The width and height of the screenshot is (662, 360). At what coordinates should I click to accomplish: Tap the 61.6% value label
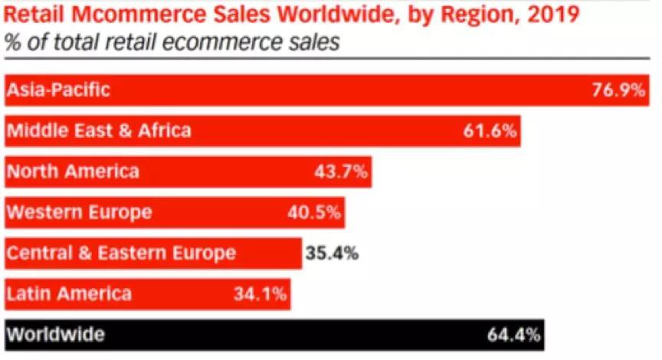[x=491, y=131]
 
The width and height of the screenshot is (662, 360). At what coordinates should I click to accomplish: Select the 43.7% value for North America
[x=342, y=172]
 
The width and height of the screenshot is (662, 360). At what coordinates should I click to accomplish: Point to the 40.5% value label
[x=314, y=212]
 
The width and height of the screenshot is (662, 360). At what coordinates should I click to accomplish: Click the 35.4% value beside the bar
[x=332, y=253]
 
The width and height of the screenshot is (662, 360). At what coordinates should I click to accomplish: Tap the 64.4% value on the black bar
[x=514, y=335]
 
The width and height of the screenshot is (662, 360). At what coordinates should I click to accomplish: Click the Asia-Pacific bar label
[x=58, y=90]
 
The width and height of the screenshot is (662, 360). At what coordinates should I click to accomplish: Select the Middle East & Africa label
[x=99, y=131]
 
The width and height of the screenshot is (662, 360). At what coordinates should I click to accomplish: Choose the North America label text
[x=73, y=172]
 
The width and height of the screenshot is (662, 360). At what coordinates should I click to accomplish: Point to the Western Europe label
[x=79, y=212]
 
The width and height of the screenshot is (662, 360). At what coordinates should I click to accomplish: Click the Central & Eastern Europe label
[x=121, y=253]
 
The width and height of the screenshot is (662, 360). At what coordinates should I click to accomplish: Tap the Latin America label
[x=69, y=293]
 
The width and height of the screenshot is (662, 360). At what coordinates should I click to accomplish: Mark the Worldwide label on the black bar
[x=55, y=335]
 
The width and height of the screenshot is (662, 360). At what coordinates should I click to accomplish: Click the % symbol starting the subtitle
[x=11, y=42]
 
